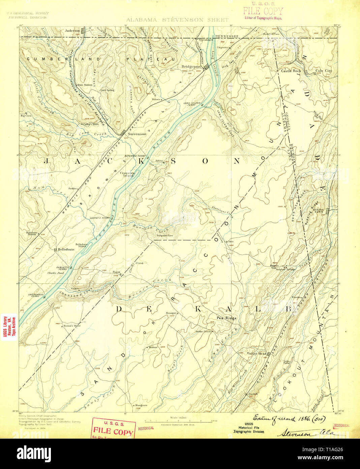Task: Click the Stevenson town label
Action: click(x=137, y=134)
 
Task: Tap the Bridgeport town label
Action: click(x=191, y=66)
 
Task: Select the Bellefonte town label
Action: click(x=66, y=249)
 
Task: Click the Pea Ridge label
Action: click(x=226, y=318)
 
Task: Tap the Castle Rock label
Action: click(x=291, y=71)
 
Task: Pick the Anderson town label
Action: click(x=72, y=31)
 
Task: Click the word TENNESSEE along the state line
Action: click(x=227, y=36)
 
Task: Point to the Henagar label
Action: click(x=171, y=313)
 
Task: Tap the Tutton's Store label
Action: click(x=73, y=326)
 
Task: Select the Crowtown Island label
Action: click(x=128, y=174)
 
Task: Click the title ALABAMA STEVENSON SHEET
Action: click(x=177, y=20)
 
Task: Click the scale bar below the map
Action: click(x=178, y=421)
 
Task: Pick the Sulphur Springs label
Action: click(x=286, y=269)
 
